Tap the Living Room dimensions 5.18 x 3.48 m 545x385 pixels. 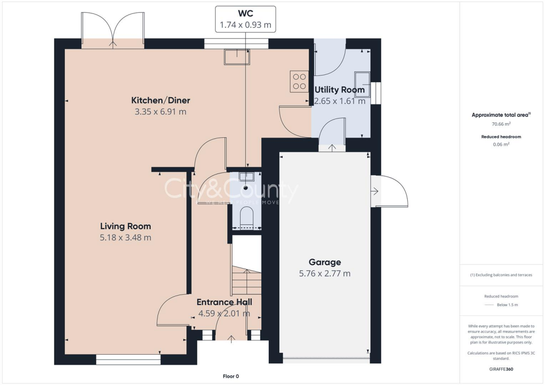(125, 238)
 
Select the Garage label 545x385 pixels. (324, 262)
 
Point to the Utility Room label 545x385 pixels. (340, 90)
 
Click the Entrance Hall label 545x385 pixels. (224, 302)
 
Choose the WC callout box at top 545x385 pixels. (245, 19)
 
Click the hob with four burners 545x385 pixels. (299, 81)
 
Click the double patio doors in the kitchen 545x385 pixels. (112, 29)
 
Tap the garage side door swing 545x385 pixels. (392, 191)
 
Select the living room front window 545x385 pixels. (128, 359)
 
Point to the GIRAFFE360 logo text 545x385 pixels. (500, 369)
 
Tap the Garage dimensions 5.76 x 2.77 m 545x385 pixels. (324, 274)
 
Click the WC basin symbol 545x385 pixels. (246, 177)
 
